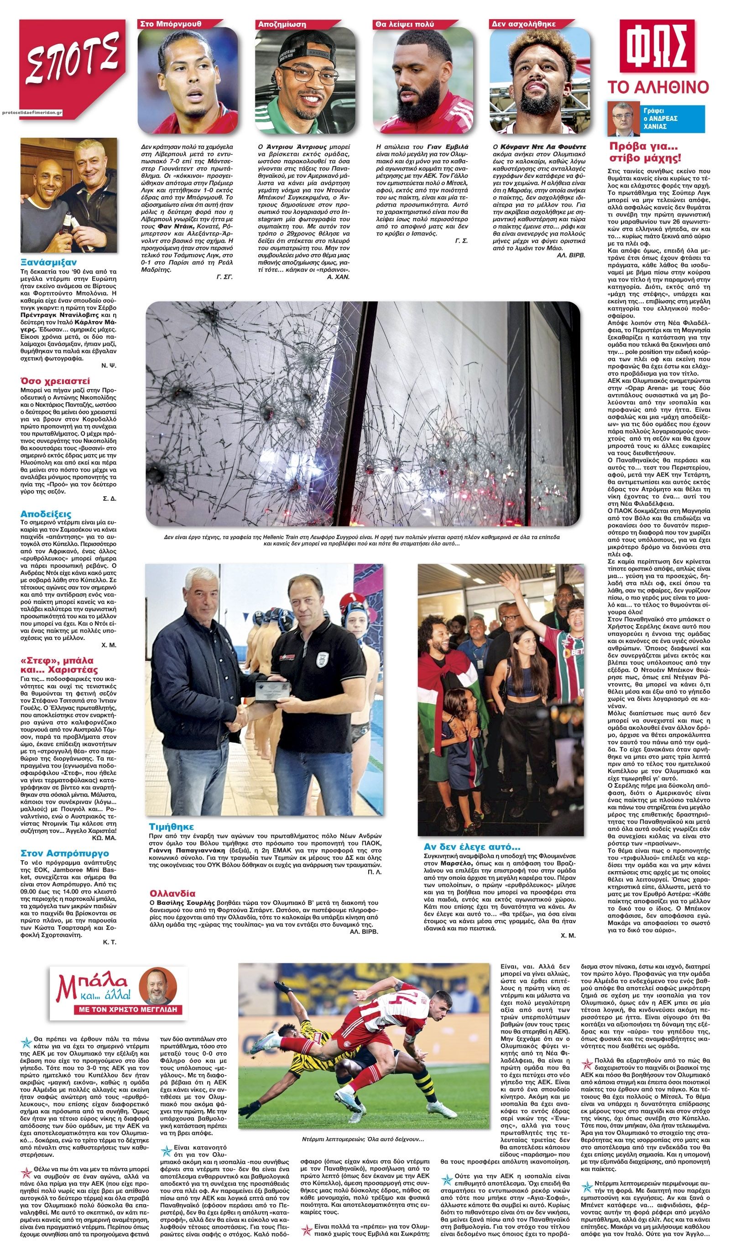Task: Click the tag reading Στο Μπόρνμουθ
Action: pos(171,23)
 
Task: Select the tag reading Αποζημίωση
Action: pos(282,23)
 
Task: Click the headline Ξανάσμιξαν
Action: pos(49,262)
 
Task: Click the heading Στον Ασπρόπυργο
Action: pos(65,853)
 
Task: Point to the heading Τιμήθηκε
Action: pos(171,826)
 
